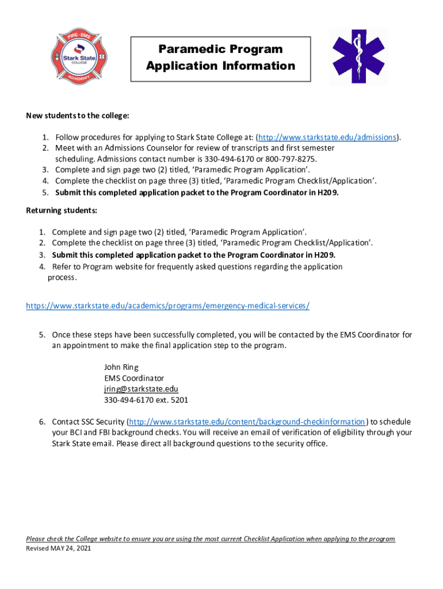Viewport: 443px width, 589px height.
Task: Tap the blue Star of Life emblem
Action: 359,56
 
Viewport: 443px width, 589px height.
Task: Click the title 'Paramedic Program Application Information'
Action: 220,58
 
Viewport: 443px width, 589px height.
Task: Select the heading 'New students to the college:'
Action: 78,116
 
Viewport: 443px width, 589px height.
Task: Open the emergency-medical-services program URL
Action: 167,305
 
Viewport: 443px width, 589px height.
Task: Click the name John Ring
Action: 121,367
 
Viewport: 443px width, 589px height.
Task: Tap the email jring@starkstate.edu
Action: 141,389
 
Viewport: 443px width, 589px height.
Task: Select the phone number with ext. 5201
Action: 146,400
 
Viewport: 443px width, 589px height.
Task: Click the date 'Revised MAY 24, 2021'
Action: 59,548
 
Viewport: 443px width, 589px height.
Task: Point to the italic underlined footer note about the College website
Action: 211,539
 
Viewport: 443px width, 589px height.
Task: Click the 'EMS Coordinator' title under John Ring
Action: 134,378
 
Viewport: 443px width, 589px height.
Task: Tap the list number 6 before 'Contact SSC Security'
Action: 42,422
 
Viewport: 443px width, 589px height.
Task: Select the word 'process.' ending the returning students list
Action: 62,277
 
